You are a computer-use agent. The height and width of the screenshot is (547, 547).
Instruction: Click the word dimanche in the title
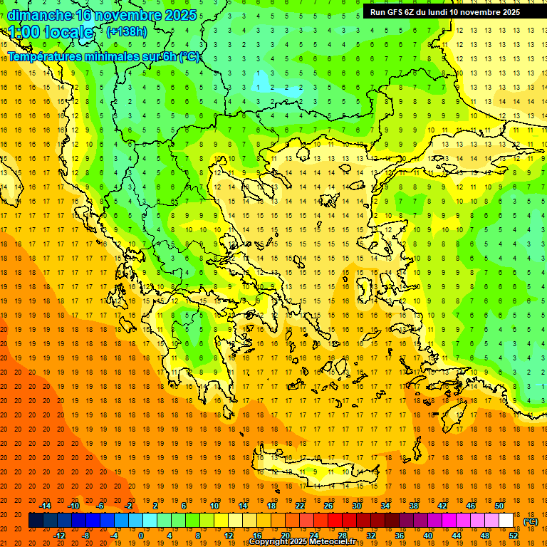click(x=39, y=15)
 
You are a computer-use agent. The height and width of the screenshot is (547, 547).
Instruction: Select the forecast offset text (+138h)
click(x=127, y=32)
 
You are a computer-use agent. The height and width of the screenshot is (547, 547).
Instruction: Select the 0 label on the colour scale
click(x=141, y=536)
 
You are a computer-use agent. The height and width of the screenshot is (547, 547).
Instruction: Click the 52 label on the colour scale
click(x=514, y=536)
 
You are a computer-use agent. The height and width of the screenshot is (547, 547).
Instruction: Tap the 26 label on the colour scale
click(x=328, y=506)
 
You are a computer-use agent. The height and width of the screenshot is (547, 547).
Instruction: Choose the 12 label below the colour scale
click(x=228, y=536)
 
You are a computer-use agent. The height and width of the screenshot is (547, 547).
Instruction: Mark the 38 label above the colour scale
click(x=413, y=506)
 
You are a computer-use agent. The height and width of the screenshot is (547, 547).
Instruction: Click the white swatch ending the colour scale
click(x=506, y=521)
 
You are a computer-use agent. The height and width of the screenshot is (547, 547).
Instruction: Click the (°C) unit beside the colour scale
click(x=531, y=521)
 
